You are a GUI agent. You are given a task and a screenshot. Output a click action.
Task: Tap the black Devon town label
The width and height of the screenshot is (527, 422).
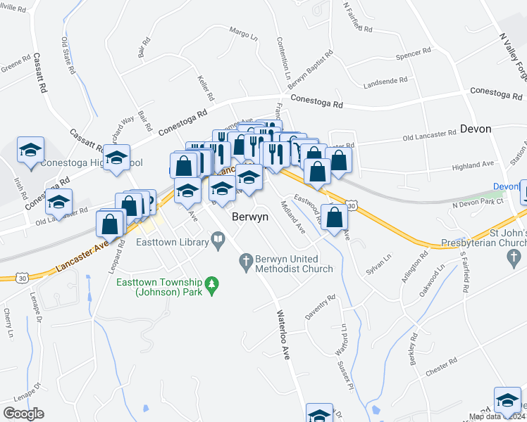476,129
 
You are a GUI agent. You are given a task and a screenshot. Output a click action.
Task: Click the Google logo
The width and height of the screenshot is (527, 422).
23,413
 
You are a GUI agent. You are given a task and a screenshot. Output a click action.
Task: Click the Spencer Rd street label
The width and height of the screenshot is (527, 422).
413,53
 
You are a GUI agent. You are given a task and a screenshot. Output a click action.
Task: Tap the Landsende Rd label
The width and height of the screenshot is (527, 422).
385,82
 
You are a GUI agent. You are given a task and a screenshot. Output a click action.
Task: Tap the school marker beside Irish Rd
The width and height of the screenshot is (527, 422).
31,151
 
